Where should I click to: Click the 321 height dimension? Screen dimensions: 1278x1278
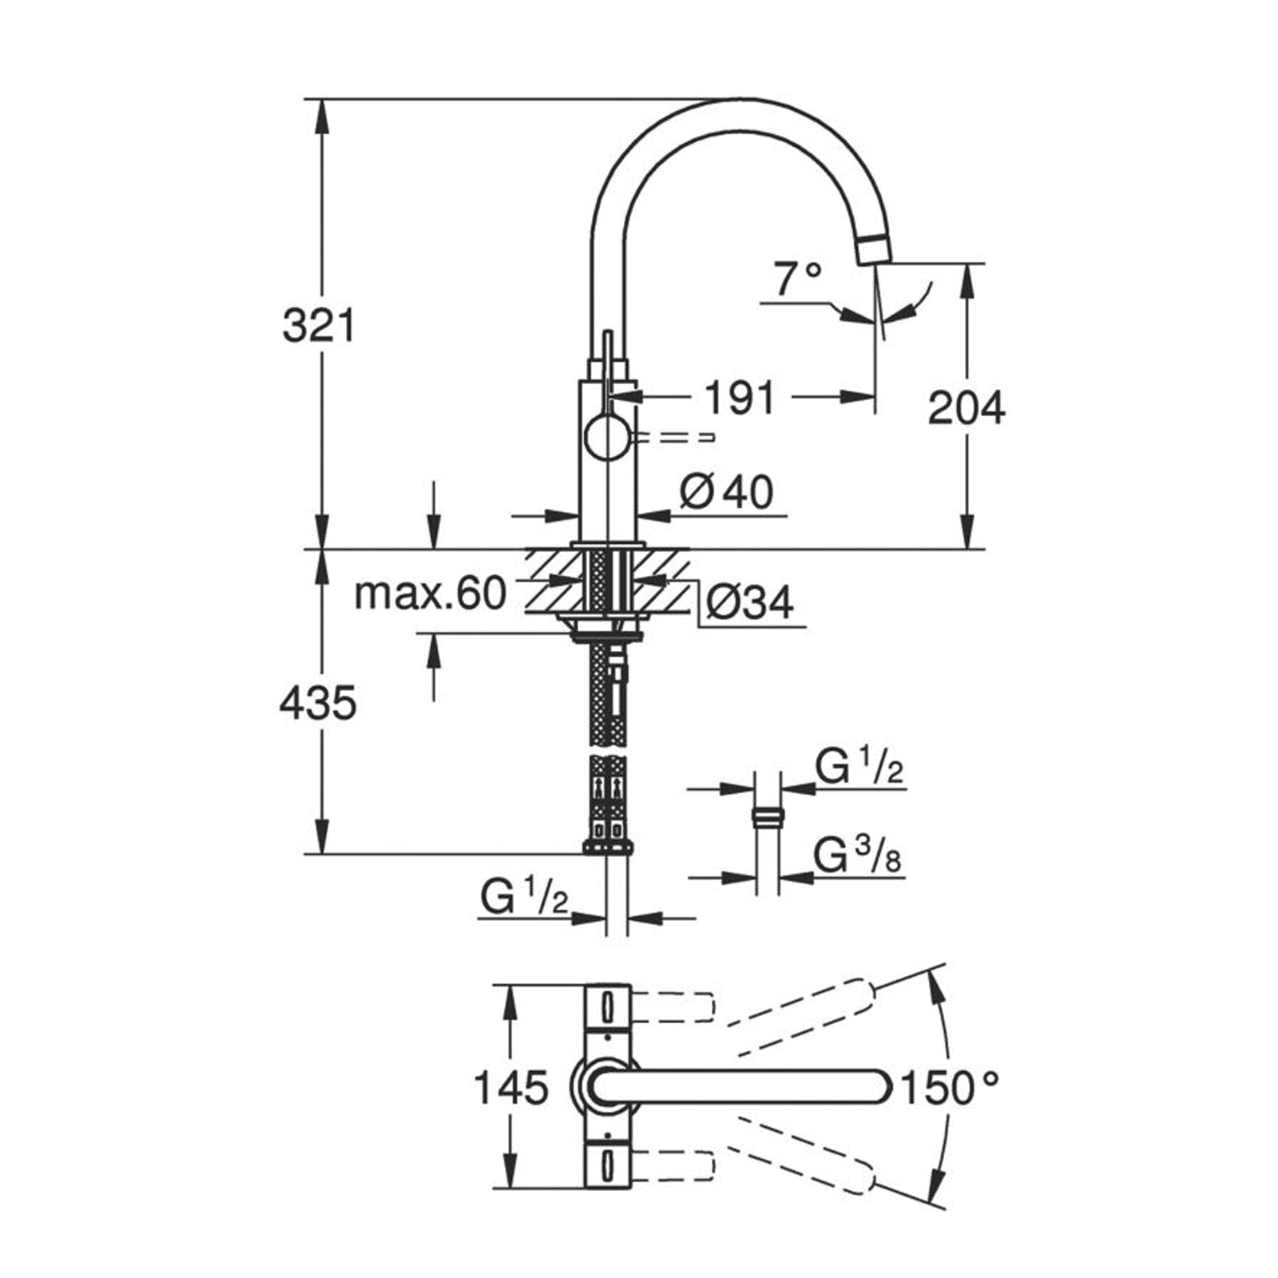tap(319, 325)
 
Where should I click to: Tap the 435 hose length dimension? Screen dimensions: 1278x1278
tap(318, 704)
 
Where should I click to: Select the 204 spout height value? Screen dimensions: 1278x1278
tap(966, 408)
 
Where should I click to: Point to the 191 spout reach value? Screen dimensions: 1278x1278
tap(740, 397)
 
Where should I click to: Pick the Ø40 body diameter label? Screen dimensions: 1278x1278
tap(726, 492)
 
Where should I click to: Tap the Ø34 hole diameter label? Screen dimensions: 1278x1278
tap(750, 603)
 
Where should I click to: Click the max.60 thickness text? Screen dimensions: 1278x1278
tap(430, 593)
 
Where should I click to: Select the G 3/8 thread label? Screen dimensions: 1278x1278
tap(857, 857)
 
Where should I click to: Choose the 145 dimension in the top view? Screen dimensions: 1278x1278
tap(512, 1087)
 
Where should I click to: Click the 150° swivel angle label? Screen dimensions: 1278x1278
tap(950, 1087)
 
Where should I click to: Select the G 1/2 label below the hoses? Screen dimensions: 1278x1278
tap(524, 897)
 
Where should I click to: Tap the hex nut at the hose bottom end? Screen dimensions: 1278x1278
tap(609, 846)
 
